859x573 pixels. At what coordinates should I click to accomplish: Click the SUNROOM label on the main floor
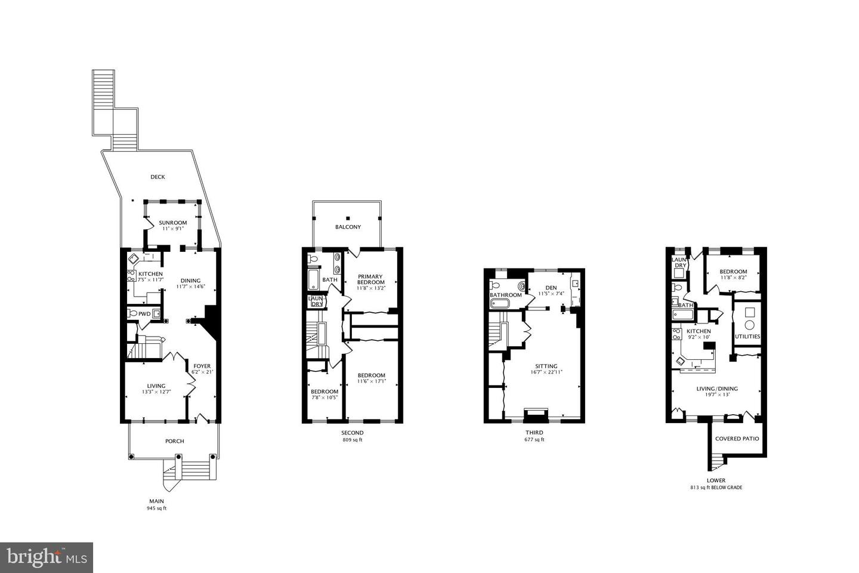pos(172,223)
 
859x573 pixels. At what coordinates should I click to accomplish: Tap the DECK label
pos(157,177)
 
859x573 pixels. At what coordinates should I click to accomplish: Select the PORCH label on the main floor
pos(174,441)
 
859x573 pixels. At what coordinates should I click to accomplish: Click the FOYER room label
pos(202,366)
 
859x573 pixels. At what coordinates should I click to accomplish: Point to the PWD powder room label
pos(144,313)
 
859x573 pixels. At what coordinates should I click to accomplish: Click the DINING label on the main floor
pos(191,281)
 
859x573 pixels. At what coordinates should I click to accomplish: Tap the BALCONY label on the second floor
pos(348,227)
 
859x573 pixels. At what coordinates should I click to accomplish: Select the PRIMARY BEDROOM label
pos(370,279)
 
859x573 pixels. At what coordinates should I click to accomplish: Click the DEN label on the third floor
pos(551,288)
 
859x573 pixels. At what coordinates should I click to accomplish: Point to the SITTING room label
pos(546,366)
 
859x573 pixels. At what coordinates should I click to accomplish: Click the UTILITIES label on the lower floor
pos(747,336)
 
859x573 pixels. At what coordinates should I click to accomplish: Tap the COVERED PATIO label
pos(737,438)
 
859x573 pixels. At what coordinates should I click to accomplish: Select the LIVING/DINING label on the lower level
pos(717,389)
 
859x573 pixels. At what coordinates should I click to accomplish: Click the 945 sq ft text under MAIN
pos(156,509)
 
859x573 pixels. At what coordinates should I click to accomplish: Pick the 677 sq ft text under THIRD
pos(534,440)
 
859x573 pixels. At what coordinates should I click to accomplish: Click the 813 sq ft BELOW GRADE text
pos(716,487)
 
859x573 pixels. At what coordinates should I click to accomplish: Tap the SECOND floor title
pos(352,433)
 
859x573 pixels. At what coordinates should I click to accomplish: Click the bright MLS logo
pos(46,557)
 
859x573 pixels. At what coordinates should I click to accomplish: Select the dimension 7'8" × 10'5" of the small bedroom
pos(325,398)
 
